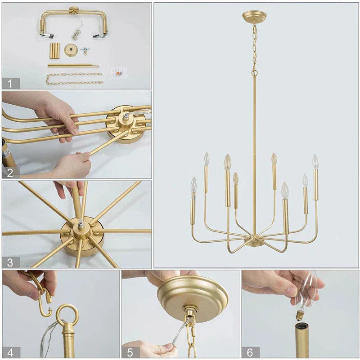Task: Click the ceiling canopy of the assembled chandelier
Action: click(x=254, y=17)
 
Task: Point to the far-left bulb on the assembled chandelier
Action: click(x=193, y=184)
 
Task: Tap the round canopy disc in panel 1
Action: click(x=71, y=49)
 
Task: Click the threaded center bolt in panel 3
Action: click(x=81, y=225)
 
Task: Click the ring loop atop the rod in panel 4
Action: click(x=67, y=315)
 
